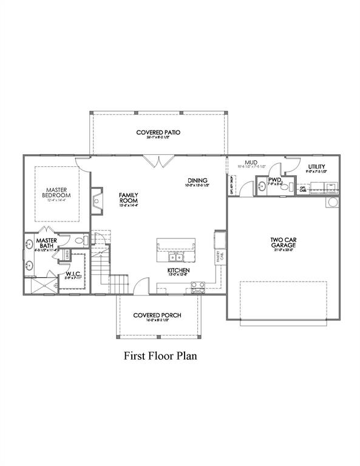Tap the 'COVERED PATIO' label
pos(159,132)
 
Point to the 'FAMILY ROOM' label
pos(129,197)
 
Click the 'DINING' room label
pos(198,180)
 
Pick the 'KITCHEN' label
pos(179,270)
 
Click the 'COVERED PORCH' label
pos(158,315)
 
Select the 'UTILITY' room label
pos(316,166)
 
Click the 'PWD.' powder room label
pos(275,180)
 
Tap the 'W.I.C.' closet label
pos(73,275)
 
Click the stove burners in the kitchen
pos(199,288)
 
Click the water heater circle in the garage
pos(332,201)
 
